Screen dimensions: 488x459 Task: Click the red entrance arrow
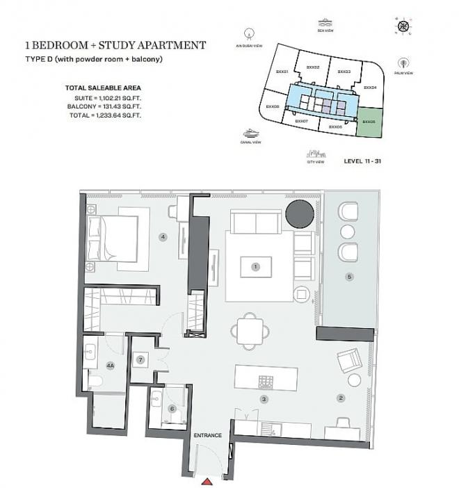point(207,481)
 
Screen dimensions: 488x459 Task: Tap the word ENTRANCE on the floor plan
point(207,435)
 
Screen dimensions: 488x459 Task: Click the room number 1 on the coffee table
point(256,266)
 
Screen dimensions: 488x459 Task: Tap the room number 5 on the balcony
point(350,277)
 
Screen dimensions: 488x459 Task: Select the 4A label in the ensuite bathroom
point(110,366)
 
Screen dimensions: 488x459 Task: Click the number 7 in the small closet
point(140,359)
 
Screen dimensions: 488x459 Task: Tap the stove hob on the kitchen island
point(267,380)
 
